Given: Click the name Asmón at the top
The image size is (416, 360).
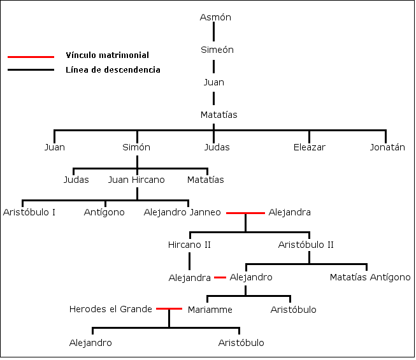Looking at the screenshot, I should (x=215, y=17).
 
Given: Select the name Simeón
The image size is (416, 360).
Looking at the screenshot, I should (x=217, y=50).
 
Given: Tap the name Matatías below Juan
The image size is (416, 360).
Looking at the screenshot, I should (x=219, y=115).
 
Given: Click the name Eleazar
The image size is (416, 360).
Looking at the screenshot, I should (x=309, y=147).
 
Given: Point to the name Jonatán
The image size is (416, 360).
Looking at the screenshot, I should (x=387, y=147).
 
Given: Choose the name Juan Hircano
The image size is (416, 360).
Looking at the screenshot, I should (x=136, y=180).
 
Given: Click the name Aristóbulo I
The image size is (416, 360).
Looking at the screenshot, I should (x=29, y=212).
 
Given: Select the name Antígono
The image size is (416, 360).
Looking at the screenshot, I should (x=104, y=212).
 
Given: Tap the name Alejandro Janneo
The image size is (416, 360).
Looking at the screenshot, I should (x=182, y=212).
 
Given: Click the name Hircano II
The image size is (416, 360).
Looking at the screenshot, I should (x=189, y=245).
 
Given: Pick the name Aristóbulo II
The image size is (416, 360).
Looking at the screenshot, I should (x=306, y=245).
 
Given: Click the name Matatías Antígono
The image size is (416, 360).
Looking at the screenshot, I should (x=370, y=277).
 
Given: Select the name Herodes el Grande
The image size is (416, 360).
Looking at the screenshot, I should (x=110, y=310).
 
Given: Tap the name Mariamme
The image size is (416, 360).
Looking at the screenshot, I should (x=210, y=310).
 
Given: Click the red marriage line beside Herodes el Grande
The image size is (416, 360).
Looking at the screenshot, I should (x=169, y=309).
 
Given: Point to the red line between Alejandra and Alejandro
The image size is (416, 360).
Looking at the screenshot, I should (x=220, y=277).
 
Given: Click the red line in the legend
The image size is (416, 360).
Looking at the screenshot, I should (x=31, y=56).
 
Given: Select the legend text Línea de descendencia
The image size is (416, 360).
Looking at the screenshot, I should (x=113, y=70).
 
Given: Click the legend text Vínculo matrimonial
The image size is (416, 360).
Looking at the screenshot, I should (x=107, y=56).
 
